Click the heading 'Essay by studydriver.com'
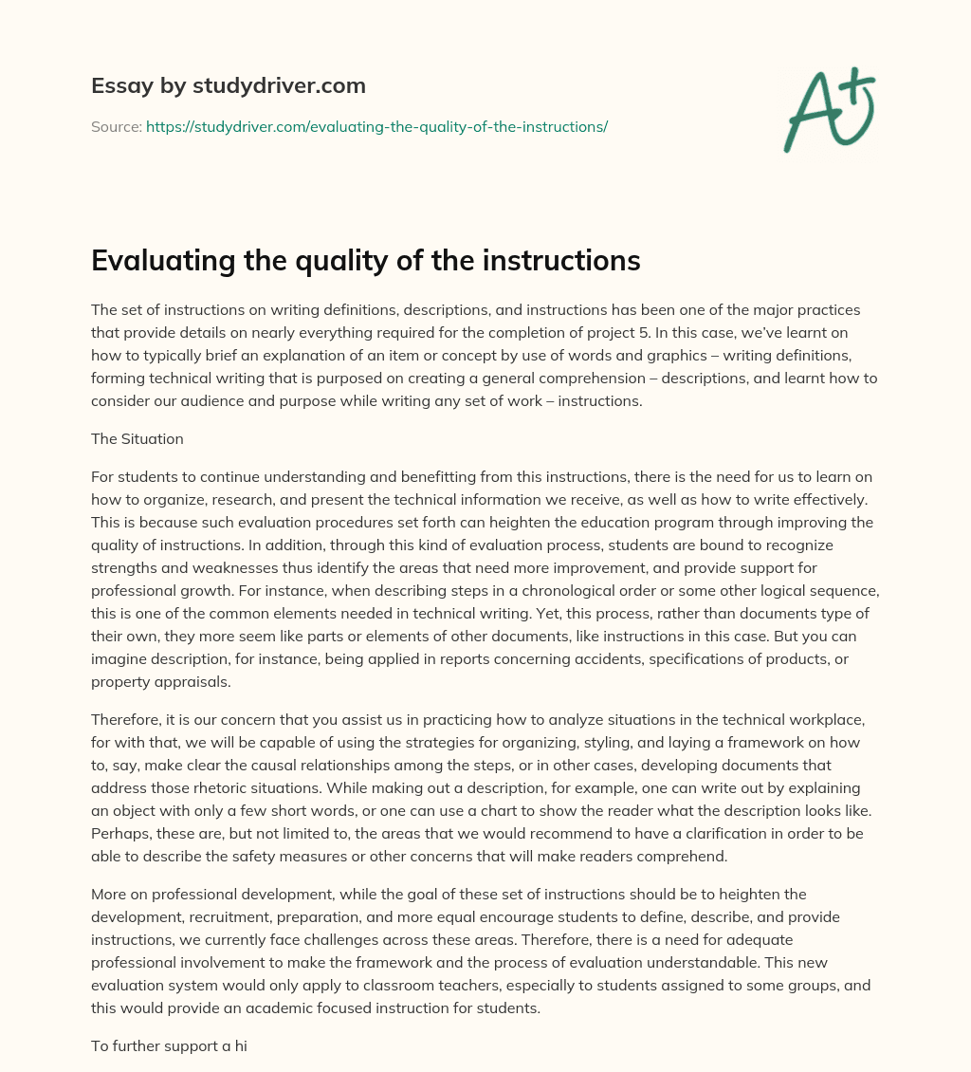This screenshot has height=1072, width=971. (228, 86)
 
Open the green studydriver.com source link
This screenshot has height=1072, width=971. (376, 126)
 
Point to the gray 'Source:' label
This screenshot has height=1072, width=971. (116, 126)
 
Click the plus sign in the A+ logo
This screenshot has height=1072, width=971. (856, 88)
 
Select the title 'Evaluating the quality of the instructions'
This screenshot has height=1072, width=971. (366, 261)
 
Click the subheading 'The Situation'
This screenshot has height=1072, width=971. (137, 438)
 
